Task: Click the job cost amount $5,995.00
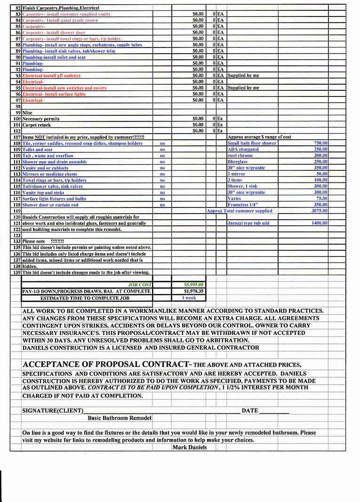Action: [193, 285]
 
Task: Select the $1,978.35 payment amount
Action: [193, 291]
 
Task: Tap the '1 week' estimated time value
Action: [189, 298]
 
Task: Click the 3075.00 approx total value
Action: [320, 211]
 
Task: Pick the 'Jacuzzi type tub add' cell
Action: [248, 223]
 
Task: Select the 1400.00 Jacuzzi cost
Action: [320, 223]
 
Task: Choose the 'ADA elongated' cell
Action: [243, 149]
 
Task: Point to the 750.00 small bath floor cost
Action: [320, 143]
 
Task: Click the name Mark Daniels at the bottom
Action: [189, 447]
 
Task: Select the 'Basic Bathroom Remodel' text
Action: [120, 418]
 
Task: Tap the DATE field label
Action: [249, 411]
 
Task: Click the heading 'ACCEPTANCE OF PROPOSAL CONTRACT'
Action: [106, 365]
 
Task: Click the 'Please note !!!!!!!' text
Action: [46, 241]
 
